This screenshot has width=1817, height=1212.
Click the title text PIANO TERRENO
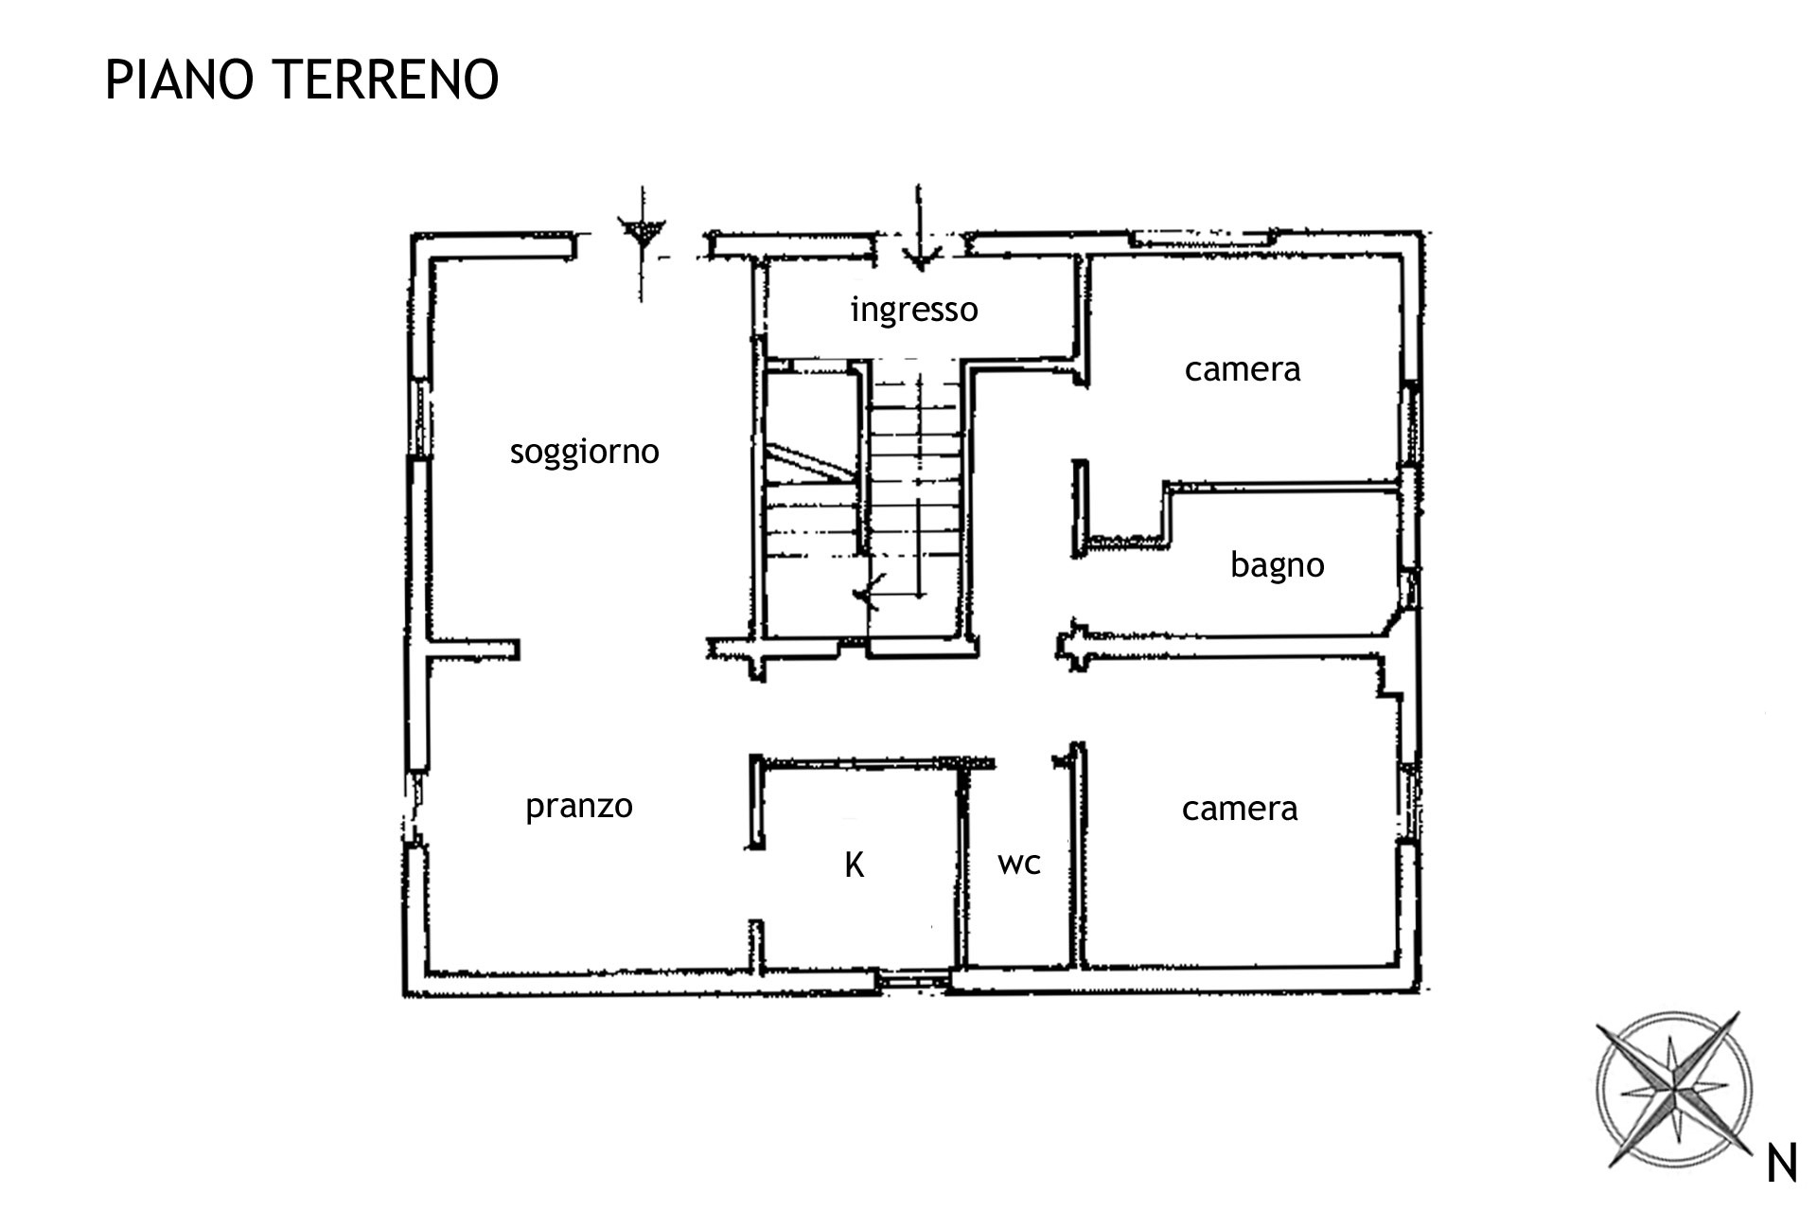coord(302,79)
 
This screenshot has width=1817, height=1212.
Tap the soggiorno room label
coord(584,453)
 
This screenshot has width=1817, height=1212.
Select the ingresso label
coord(914,311)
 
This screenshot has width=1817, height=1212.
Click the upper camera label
coord(1243,368)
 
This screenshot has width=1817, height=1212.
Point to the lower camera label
coord(1240,809)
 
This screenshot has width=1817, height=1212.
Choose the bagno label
coord(1277,565)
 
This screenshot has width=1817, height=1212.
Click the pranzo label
coord(578,807)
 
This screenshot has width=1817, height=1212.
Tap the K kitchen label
coord(855,864)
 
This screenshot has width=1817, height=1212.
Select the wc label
coord(1019,863)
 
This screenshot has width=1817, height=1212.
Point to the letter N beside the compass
coord(1782,1164)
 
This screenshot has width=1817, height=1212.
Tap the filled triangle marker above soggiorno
coord(642,231)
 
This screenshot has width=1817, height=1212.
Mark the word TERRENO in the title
coord(387,79)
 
